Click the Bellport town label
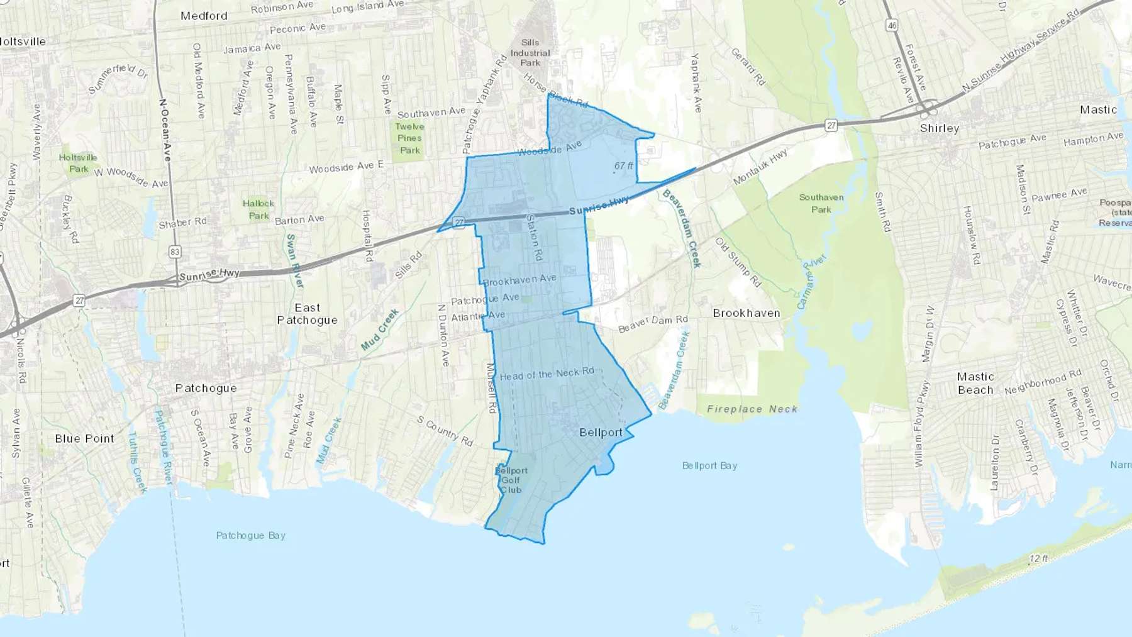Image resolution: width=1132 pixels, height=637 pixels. (601, 433)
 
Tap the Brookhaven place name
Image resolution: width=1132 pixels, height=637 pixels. (746, 313)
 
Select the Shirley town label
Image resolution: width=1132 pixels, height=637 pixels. (940, 128)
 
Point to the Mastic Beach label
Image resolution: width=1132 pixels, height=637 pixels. (975, 383)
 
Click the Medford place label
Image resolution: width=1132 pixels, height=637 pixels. (204, 16)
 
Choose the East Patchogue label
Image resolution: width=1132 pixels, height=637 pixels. (307, 314)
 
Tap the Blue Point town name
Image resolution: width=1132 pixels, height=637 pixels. (84, 438)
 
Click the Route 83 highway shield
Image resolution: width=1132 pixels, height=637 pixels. (175, 252)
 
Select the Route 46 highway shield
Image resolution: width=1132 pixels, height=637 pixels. (891, 26)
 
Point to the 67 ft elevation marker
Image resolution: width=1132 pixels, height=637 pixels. (623, 166)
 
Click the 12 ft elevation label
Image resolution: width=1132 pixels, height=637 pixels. (1038, 558)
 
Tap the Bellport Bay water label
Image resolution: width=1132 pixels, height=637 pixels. (709, 466)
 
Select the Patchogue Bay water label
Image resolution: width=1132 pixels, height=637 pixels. (250, 536)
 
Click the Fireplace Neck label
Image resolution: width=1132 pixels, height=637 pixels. (752, 409)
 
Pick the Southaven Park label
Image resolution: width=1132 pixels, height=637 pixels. (821, 203)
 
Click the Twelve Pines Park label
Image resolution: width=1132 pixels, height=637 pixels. (409, 138)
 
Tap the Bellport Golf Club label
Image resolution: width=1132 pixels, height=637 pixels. (511, 480)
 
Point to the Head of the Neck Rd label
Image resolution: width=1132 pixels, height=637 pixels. (547, 374)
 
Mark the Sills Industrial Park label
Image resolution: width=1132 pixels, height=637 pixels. (530, 53)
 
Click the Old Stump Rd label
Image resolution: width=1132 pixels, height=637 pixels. (738, 262)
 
